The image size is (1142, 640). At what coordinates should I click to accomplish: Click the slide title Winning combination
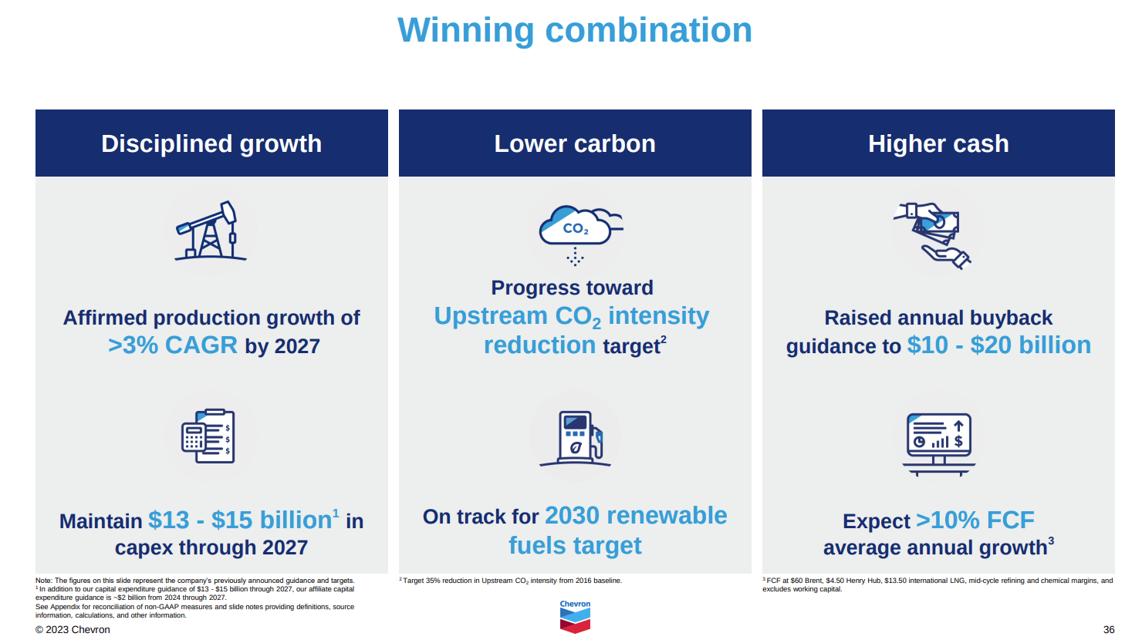coord(575,30)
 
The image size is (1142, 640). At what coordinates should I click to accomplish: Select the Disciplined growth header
coord(211,143)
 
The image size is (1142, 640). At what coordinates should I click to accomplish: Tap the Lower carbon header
coord(575,143)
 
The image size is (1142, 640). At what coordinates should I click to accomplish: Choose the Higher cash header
coord(938,143)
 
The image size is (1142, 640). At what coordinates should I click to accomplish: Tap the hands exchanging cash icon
coord(932,235)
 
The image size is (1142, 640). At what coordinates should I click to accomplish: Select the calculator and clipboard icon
coord(208,436)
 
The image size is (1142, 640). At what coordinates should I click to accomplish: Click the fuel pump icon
coord(575,439)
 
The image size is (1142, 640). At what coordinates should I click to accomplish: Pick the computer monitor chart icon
coord(938,444)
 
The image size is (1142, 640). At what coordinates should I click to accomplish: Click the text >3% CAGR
coord(173,345)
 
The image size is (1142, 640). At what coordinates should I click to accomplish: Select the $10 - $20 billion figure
coord(998,345)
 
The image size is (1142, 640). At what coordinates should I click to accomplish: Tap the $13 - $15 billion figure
coord(241,520)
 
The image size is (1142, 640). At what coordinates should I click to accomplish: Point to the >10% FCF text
coord(975,520)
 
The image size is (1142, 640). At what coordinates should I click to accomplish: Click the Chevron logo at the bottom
coord(575,617)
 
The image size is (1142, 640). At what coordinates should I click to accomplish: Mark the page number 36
coord(1108,630)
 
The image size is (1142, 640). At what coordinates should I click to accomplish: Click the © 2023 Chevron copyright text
coord(73,630)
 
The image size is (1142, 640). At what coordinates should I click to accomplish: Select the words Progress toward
coord(572,288)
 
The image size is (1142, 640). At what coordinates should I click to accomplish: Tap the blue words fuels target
coord(575,546)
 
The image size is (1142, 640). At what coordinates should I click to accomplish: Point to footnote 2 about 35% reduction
coord(510,581)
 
